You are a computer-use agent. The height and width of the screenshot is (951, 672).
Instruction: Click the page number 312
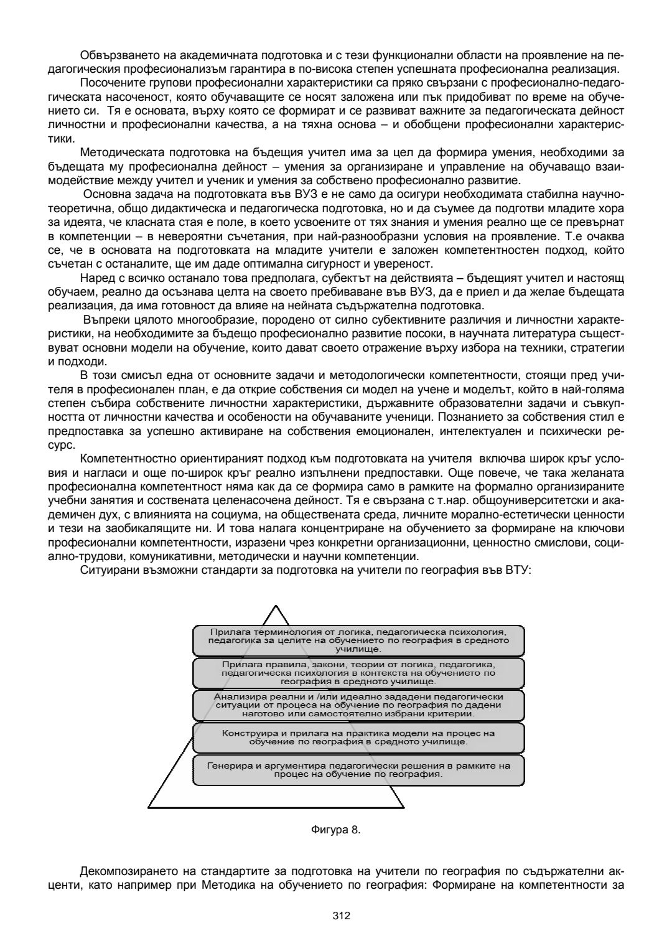point(342,916)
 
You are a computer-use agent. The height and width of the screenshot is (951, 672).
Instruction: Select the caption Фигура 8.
point(335,830)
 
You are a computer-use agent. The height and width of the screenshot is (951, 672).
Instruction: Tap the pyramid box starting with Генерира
point(358,770)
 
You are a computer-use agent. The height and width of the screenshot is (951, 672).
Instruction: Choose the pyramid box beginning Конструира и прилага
point(358,738)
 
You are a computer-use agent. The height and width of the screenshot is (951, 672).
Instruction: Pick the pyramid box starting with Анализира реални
point(358,705)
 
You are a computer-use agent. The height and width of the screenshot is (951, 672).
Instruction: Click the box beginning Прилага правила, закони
point(358,673)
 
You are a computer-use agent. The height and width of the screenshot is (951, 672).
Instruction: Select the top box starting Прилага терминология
point(358,640)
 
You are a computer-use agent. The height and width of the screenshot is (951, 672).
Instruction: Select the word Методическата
point(118,153)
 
